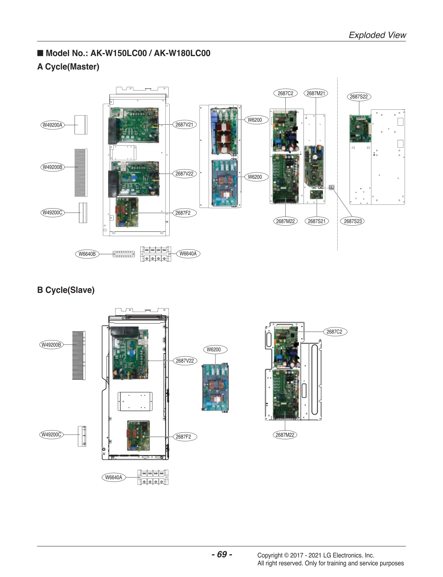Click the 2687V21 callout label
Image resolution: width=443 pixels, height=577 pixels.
tap(184, 125)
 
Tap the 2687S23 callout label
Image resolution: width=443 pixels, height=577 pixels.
tap(353, 221)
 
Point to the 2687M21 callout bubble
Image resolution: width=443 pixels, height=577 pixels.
tap(315, 93)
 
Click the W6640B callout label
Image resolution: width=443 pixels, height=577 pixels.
tap(87, 254)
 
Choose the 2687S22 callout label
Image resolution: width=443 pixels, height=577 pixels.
tap(359, 97)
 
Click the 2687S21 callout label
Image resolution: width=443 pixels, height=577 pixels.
tap(316, 221)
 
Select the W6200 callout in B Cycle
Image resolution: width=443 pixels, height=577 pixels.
tap(214, 350)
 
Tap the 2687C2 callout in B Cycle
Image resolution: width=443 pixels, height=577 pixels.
tap(334, 331)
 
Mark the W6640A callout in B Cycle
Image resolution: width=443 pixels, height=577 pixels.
tap(114, 477)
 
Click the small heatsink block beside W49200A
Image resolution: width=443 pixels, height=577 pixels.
tap(81, 125)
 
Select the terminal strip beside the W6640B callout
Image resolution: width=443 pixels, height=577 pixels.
tap(123, 254)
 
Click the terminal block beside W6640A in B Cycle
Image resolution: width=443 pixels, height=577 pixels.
tap(153, 477)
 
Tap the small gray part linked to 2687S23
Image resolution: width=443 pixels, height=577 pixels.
tap(331, 187)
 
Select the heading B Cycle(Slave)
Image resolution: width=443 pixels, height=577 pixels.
tap(66, 290)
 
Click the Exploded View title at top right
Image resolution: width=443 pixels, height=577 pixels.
tap(377, 35)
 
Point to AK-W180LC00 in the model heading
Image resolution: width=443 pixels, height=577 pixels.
tap(182, 53)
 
